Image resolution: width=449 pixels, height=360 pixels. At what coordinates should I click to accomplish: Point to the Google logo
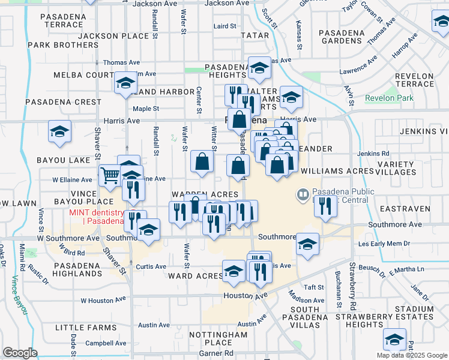click(x=20, y=353)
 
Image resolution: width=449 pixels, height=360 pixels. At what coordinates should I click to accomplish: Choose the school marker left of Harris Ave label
click(x=59, y=133)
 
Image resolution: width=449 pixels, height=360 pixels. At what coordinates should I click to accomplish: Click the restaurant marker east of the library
click(x=325, y=206)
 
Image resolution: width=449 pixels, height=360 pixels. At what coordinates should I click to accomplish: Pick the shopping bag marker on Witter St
click(x=202, y=161)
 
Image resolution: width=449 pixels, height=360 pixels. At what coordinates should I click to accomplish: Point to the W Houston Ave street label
click(x=103, y=299)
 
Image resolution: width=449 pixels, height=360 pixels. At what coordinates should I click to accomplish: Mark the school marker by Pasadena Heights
click(x=260, y=68)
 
